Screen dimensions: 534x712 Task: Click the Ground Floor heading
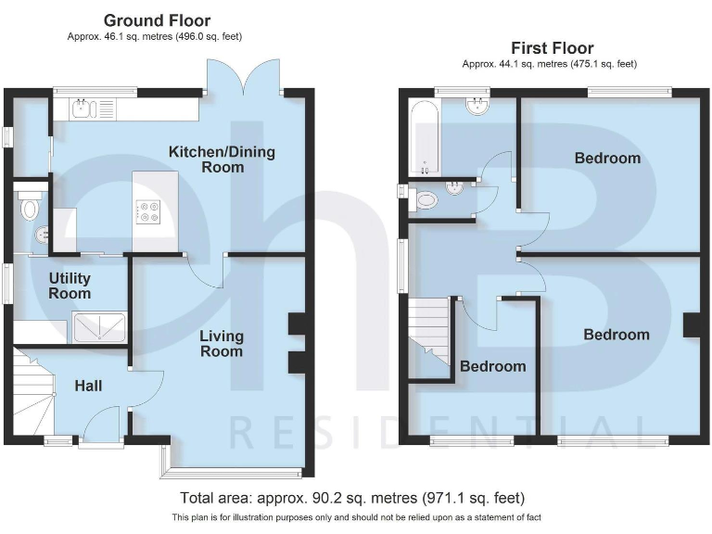tap(157, 19)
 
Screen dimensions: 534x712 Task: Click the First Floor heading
tap(552, 47)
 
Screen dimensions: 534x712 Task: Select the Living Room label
tap(222, 343)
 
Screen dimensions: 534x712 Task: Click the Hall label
tap(88, 386)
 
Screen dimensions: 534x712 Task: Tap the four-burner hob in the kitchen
tap(148, 212)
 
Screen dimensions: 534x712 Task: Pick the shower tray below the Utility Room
tap(100, 327)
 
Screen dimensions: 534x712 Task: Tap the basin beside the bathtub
tap(478, 106)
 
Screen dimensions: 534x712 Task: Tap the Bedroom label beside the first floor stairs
tap(492, 366)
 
